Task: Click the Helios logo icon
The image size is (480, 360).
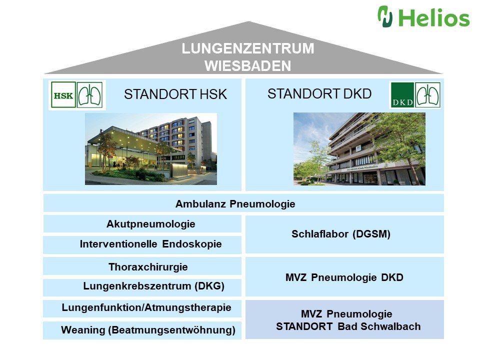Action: tap(385, 16)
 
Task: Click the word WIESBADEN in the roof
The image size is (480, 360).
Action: tap(247, 66)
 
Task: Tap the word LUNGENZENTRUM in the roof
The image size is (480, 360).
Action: tap(248, 49)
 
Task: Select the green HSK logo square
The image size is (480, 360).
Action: tap(63, 95)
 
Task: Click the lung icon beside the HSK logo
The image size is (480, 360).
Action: tap(90, 95)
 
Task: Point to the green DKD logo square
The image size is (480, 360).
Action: tap(402, 95)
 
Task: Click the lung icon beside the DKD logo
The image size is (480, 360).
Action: tap(428, 95)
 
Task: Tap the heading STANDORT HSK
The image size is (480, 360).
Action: tap(175, 94)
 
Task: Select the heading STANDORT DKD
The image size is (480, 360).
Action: tap(319, 93)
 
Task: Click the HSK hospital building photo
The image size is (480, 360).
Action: tap(150, 149)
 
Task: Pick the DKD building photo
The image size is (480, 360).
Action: tap(359, 149)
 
